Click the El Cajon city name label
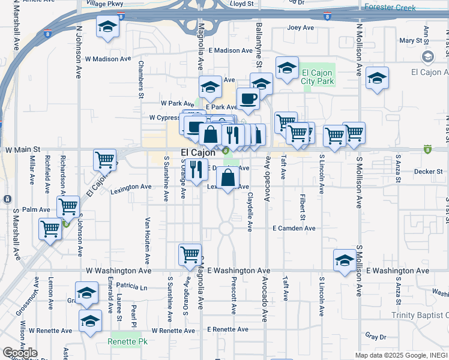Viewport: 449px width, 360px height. (199, 153)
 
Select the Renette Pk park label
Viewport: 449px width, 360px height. (124, 342)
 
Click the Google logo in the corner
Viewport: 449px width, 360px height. (20, 353)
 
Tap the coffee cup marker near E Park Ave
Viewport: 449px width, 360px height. (247, 98)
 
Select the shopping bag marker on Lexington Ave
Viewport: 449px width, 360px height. (228, 178)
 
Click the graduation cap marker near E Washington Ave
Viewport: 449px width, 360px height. (345, 260)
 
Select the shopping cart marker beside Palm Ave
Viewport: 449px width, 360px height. (68, 206)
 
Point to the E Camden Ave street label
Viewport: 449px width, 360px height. (294, 229)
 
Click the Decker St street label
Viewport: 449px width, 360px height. (428, 172)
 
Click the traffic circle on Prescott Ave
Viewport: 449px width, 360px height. (226, 228)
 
